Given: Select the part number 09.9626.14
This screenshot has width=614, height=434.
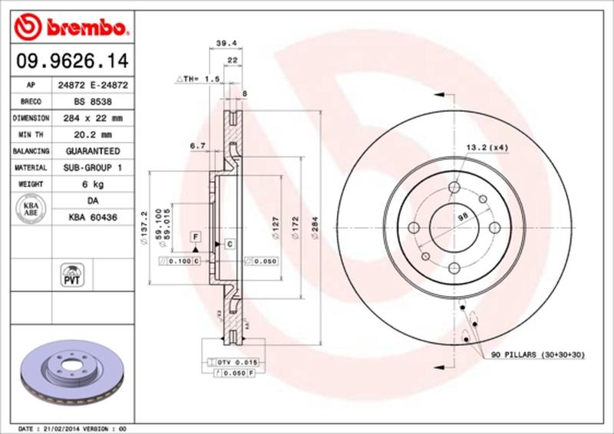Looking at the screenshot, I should [68, 60].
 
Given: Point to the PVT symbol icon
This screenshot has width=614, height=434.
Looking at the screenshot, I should [71, 275].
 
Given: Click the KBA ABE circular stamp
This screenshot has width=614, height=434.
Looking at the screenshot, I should [31, 209].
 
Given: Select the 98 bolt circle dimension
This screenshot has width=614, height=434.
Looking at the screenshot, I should [463, 218].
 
